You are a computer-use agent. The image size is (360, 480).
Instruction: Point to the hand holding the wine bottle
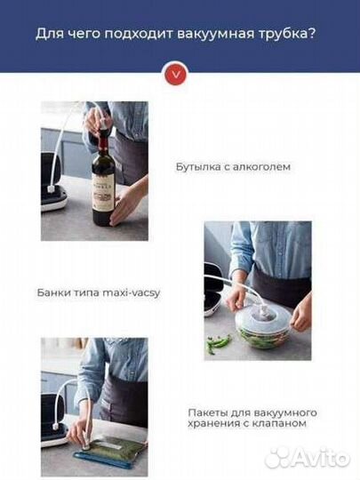coord(125,203)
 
